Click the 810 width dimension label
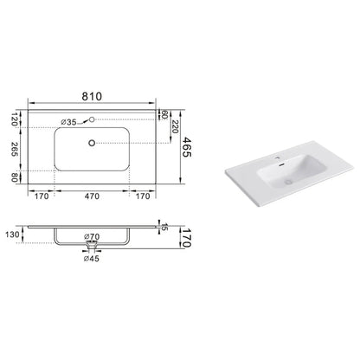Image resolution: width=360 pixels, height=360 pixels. pos(92,96)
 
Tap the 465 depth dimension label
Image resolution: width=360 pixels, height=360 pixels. pos(188,147)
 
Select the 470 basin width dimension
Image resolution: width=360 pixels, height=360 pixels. pos(92,196)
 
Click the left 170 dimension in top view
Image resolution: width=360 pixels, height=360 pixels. pos(42,196)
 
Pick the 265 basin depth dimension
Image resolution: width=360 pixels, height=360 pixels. pos(15,149)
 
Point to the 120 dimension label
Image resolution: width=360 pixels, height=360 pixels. pos(15,119)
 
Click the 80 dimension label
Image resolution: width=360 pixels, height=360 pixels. pos(15,177)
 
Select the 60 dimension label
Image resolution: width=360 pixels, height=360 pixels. pos(164,115)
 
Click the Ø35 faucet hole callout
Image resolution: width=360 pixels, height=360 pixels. pos(68,122)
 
